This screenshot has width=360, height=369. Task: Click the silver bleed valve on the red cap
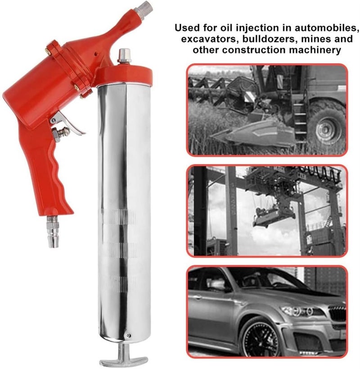122,56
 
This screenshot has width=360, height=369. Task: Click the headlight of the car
297,311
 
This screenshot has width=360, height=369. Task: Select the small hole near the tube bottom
128,335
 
